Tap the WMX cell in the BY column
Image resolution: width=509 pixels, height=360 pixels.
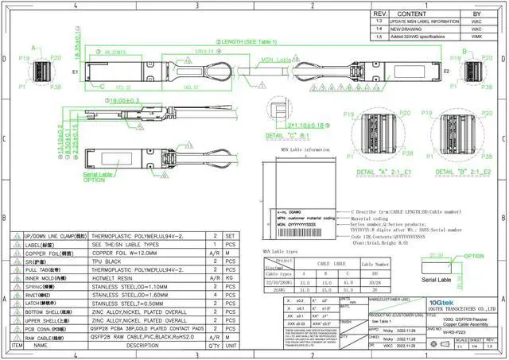[x=476, y=37]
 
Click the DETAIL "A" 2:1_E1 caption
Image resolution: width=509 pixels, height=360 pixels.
[x=383, y=172]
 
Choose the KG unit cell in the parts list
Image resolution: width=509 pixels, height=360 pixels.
[x=231, y=279]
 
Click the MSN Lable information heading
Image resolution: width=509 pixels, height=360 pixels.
[x=305, y=149]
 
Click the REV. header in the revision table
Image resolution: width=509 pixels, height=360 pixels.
[x=380, y=14]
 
